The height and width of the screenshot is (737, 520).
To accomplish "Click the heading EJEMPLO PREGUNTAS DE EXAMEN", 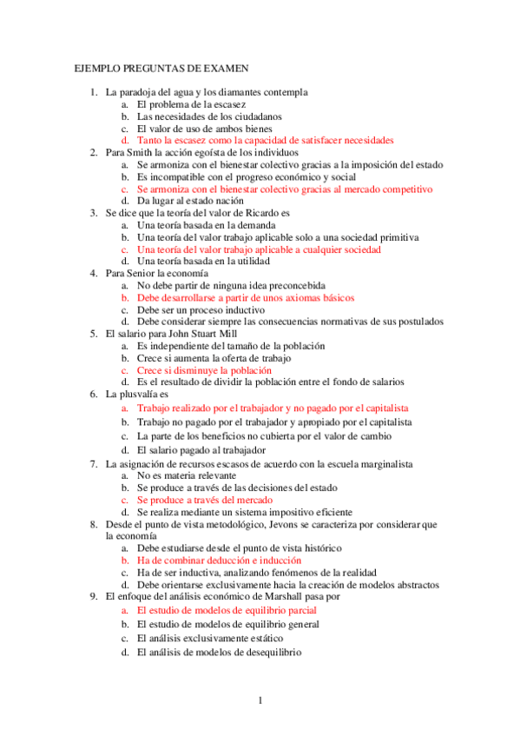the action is point(161,67).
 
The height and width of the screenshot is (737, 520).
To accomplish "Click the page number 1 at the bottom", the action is point(260,700).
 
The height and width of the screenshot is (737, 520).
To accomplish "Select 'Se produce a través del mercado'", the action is point(205,500).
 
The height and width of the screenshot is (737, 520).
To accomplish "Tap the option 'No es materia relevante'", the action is point(186,476).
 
